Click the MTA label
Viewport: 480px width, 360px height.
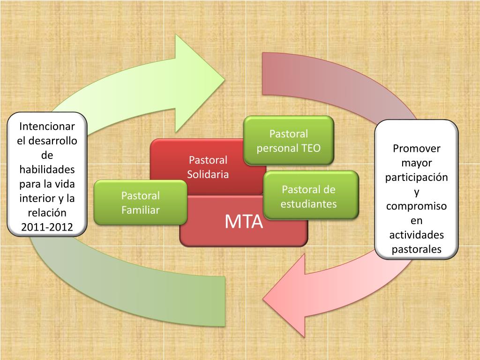point(243,221)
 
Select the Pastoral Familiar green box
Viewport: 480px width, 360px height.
point(141,202)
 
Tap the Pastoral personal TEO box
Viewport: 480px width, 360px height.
point(288,141)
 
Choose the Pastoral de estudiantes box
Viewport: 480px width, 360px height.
point(311,196)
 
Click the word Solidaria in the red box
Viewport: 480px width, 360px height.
point(208,175)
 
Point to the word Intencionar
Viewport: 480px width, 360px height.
point(46,127)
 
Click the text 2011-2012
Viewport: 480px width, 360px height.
point(46,228)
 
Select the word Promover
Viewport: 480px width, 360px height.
point(417,149)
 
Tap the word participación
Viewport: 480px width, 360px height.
point(417,178)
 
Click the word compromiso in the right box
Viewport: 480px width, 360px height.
point(417,206)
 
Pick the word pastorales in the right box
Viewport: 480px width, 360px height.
point(417,249)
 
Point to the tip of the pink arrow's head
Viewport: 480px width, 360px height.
point(263,299)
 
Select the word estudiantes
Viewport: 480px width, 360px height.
point(309,204)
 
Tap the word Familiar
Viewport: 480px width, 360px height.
point(141,210)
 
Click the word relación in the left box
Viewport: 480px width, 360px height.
point(46,213)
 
